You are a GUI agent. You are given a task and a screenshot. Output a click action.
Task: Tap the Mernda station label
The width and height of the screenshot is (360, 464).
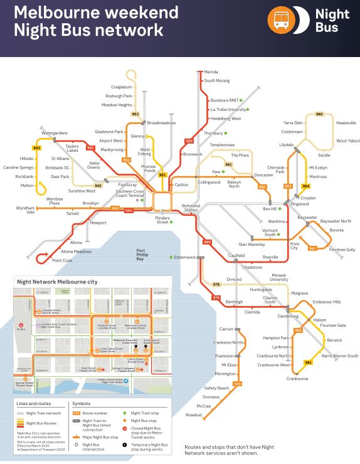[x=213, y=73]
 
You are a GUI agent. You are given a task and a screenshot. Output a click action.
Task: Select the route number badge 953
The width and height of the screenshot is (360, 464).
[x=135, y=114]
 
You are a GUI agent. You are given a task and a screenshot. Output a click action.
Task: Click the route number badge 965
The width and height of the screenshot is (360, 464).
[x=319, y=114]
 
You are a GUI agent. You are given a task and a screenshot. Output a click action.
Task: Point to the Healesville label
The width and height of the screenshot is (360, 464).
[x=346, y=123]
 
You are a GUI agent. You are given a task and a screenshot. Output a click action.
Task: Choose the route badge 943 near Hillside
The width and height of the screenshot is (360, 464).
[x=37, y=148]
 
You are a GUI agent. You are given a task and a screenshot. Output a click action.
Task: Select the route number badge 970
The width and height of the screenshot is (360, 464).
[x=237, y=383]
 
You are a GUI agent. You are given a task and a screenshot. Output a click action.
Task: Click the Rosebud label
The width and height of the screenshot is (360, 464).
[x=194, y=415]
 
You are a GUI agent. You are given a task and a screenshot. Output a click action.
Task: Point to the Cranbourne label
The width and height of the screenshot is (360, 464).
[x=297, y=379]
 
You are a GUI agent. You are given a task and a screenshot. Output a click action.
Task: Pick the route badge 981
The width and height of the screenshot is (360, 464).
[x=308, y=362]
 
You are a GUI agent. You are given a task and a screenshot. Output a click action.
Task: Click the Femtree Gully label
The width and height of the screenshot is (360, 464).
[x=342, y=250]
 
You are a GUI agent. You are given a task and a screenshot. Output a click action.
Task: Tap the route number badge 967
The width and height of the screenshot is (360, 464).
[x=312, y=248]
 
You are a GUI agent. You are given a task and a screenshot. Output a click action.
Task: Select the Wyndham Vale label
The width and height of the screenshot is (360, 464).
[x=26, y=210]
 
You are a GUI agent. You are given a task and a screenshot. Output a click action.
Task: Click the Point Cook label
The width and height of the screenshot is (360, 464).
[x=62, y=260]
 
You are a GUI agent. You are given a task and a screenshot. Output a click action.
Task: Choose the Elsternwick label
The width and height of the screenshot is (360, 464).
[x=185, y=257]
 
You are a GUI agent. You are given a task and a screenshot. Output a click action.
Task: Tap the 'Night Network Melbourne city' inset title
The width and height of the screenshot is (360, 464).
[x=57, y=282]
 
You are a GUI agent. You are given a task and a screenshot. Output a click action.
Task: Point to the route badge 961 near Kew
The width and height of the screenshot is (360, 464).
[x=228, y=164]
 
